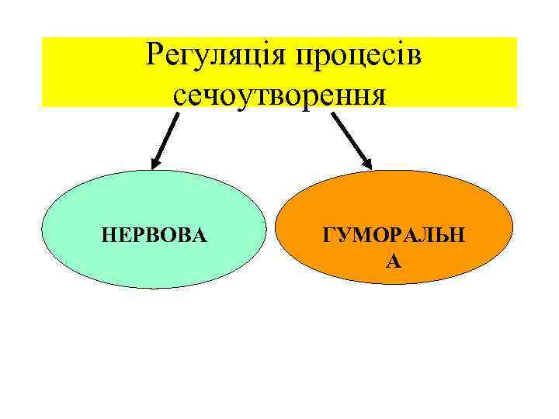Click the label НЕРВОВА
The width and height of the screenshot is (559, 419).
click(155, 234)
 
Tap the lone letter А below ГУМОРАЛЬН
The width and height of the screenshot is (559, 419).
click(394, 262)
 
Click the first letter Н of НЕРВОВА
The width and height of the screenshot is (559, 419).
click(109, 234)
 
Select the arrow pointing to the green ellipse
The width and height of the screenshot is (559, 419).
click(165, 140)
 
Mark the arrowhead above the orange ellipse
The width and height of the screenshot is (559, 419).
click(368, 164)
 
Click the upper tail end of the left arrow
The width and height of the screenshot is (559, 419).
click(177, 114)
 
